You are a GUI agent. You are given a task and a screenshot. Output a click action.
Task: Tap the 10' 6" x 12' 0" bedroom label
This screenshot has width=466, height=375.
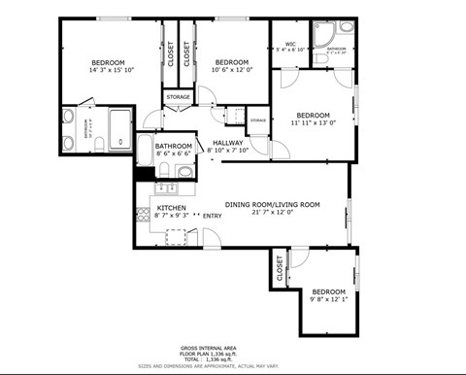233,66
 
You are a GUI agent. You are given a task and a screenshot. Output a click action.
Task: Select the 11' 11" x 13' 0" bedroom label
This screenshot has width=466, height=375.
313,119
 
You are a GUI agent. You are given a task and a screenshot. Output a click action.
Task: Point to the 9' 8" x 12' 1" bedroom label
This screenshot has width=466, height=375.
328,295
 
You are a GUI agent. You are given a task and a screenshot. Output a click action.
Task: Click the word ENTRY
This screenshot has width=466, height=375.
212,216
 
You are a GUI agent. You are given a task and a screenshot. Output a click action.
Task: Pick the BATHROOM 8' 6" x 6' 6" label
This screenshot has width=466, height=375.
174,151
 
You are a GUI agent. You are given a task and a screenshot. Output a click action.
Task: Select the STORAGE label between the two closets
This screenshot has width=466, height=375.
178,97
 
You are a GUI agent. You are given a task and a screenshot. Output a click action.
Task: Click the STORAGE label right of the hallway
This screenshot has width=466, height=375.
257,119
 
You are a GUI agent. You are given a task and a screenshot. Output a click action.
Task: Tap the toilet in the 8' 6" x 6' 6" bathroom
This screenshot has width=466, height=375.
164,173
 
